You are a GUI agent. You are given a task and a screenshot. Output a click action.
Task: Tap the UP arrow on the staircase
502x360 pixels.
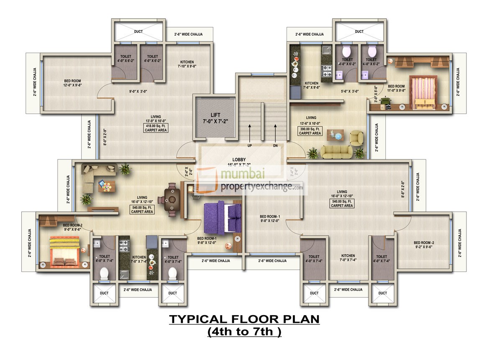(250, 133)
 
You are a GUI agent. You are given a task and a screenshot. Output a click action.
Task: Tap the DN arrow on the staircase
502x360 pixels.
(275, 133)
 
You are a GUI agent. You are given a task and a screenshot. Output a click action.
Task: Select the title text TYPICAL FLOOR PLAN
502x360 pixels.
(244, 319)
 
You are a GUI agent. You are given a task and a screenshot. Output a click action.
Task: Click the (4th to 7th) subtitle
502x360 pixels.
(244, 332)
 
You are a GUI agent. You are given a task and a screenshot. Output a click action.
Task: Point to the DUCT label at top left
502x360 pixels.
(138, 31)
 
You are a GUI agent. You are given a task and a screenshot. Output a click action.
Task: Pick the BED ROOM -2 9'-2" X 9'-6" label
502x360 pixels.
(424, 245)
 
